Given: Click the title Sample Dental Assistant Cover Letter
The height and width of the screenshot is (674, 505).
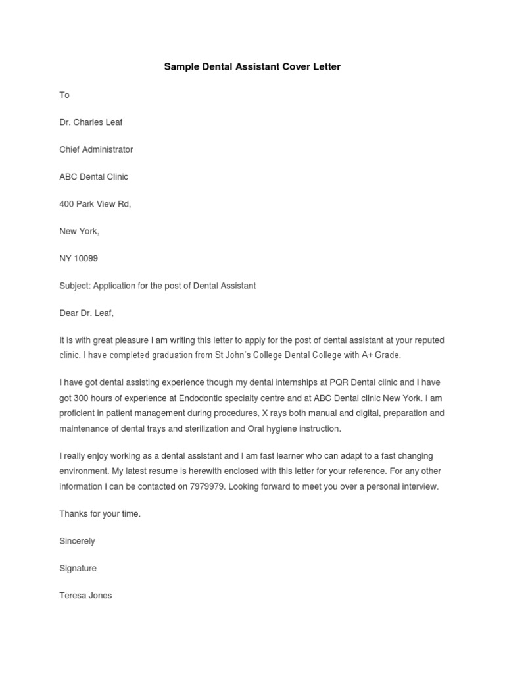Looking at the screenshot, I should (252, 67).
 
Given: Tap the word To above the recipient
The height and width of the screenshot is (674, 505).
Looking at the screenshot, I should (64, 95).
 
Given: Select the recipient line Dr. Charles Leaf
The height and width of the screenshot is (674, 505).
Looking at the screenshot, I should (91, 122).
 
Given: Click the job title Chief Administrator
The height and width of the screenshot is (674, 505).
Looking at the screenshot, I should (96, 149).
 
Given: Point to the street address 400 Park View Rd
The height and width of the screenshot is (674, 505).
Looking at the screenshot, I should (95, 204).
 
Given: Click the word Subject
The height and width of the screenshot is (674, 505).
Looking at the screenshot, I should (75, 286).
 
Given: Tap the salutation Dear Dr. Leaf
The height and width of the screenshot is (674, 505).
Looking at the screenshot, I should (86, 313).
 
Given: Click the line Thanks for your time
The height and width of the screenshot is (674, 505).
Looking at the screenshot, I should (100, 514).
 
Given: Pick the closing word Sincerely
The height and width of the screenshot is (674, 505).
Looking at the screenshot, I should (78, 541).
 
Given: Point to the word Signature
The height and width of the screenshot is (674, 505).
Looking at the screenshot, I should (78, 568).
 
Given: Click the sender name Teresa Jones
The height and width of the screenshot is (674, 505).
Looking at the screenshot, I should (85, 596).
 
